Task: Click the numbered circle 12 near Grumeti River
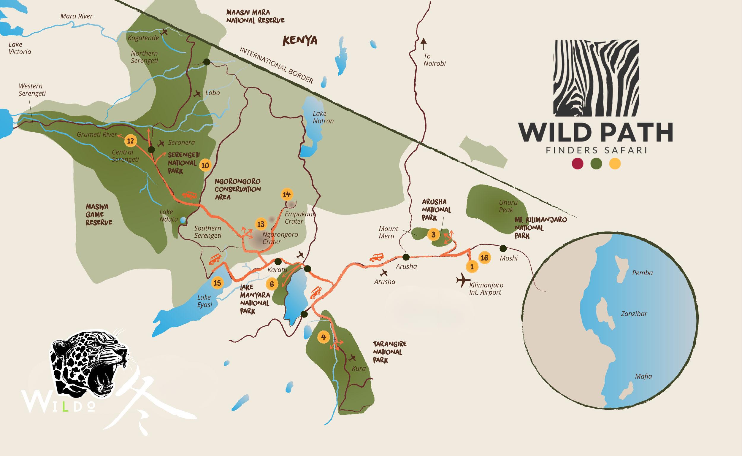130,141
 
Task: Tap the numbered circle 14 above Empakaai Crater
286,194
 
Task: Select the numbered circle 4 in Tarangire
323,337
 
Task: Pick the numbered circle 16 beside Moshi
484,258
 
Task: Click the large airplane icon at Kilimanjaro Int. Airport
463,280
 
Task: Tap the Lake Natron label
323,117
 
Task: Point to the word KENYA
300,40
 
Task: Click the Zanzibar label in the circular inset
634,314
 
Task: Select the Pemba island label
642,273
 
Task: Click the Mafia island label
643,376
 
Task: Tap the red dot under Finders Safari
577,163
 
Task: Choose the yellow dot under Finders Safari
615,163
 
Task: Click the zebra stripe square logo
596,78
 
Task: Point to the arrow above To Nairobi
424,43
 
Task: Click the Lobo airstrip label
212,93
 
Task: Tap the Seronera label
181,142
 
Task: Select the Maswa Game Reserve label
99,215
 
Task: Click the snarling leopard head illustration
89,363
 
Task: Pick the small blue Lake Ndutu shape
183,220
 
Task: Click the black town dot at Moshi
503,249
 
